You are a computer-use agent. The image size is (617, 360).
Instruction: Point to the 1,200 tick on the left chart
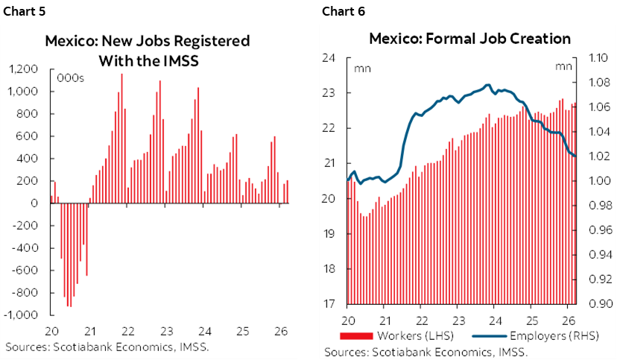point(25,69)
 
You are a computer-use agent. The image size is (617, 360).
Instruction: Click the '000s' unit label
point(70,78)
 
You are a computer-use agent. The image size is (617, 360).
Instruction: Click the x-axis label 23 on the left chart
point(166,331)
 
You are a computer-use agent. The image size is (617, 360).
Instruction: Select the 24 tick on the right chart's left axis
point(331,57)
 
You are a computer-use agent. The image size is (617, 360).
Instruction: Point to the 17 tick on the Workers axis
point(331,304)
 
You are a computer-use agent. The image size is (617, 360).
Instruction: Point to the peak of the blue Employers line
point(488,85)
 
